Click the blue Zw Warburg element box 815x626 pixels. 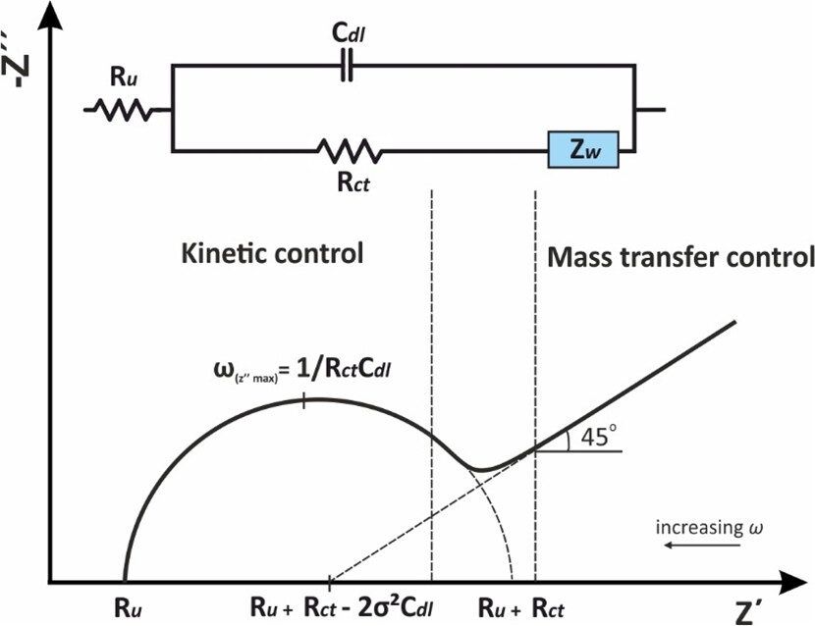click(582, 151)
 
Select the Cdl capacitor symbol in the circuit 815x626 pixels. click(347, 67)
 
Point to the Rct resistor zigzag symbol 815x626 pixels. click(349, 151)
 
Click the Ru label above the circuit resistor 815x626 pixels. click(122, 76)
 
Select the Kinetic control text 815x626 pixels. click(273, 253)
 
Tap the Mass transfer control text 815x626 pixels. click(680, 257)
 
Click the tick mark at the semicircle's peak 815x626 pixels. click(305, 399)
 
